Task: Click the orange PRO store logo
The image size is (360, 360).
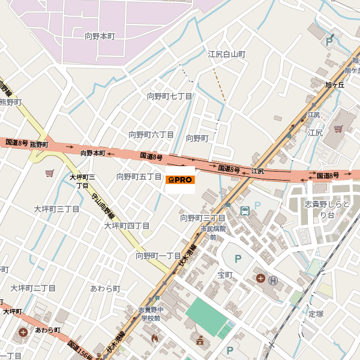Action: [x=180, y=179]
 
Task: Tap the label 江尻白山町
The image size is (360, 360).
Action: [x=227, y=54]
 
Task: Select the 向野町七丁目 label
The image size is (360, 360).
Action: [x=170, y=96]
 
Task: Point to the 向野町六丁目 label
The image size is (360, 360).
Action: [x=151, y=134]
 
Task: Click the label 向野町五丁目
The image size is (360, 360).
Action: [x=139, y=176]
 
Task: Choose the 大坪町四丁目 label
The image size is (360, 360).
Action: [x=127, y=226]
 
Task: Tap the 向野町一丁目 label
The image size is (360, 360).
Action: [x=158, y=256]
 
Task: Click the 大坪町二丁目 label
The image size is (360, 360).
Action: [x=33, y=288]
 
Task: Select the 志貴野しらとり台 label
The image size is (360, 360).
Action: [x=328, y=210]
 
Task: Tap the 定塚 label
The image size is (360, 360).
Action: [x=316, y=313]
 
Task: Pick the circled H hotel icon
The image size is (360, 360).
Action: [x=274, y=279]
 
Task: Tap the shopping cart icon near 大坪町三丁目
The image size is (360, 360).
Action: [x=49, y=173]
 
